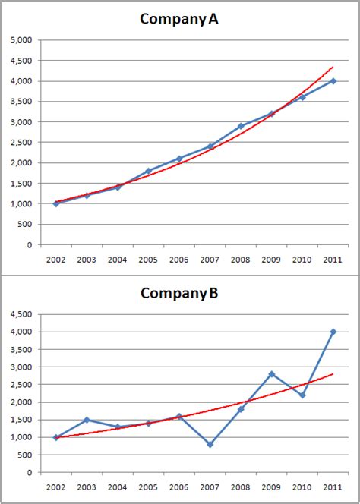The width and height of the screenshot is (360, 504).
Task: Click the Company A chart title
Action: (179, 20)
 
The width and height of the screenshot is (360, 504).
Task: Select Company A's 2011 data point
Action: (333, 81)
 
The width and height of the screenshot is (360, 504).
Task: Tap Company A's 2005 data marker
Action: (148, 171)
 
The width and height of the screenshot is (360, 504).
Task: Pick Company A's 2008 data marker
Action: (241, 126)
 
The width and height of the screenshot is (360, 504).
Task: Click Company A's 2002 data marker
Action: (56, 203)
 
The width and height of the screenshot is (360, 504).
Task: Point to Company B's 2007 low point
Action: (210, 444)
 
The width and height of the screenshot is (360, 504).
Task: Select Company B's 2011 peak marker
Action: (333, 332)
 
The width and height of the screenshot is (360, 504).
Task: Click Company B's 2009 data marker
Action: (271, 374)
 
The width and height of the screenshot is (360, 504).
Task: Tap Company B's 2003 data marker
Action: (87, 420)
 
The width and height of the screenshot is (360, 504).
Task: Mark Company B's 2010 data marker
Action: (302, 395)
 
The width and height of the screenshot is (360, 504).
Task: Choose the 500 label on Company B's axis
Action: (26, 455)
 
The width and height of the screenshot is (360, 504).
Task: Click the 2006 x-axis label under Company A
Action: (178, 259)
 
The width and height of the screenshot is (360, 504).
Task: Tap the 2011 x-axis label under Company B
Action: (333, 487)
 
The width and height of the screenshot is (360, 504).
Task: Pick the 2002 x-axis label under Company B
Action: (56, 487)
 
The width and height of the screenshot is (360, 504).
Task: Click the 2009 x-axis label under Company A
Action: (271, 259)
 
